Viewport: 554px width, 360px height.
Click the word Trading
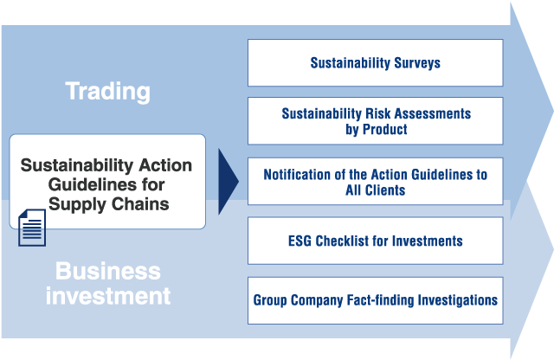pos(107,92)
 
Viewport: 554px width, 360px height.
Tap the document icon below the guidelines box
pos(32,228)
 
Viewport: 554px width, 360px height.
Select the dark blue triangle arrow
pos(229,182)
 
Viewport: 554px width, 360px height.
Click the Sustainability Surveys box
pos(375,63)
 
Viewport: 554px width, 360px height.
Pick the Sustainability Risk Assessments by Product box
pos(375,121)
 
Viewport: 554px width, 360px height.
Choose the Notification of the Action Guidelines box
pos(375,181)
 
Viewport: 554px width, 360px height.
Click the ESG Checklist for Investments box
pos(375,241)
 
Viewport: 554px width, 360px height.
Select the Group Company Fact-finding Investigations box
pos(375,300)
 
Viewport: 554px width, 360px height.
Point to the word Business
pos(108,272)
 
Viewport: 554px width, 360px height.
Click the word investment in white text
pos(108,296)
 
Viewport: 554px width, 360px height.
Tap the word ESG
pos(300,241)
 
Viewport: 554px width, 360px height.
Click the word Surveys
pos(417,63)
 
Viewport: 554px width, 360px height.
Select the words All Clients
pos(375,190)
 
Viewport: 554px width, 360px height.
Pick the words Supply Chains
pos(109,204)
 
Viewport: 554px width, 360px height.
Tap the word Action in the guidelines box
pos(165,165)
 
